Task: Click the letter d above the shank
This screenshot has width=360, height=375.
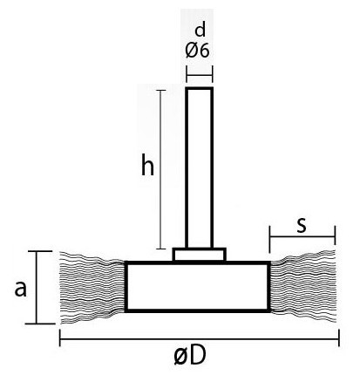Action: [x=200, y=30]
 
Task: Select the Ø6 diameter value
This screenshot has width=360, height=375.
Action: [x=197, y=51]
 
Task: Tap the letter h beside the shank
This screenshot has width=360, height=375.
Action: [x=147, y=164]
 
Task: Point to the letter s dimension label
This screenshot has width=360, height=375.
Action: [x=302, y=226]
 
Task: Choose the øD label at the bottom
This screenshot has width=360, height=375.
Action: [x=190, y=355]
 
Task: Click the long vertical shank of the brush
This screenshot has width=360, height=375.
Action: [x=200, y=167]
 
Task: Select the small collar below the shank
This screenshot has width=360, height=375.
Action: [x=200, y=255]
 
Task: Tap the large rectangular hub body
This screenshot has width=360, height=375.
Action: [x=198, y=286]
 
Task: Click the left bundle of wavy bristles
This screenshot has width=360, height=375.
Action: [x=92, y=287]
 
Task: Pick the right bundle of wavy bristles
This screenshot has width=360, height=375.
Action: [x=303, y=286]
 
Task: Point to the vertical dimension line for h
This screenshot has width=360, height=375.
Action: [x=161, y=169]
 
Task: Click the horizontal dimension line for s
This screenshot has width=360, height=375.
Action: [x=302, y=236]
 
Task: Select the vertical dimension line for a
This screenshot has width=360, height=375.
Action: [x=37, y=287]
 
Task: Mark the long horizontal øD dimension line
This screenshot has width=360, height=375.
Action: [x=200, y=338]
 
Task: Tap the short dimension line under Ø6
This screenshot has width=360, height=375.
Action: [x=200, y=74]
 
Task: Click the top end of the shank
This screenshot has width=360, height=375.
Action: [x=200, y=88]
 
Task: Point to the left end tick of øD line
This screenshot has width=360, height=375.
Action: [x=60, y=338]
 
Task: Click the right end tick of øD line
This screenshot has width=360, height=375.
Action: [x=339, y=338]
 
